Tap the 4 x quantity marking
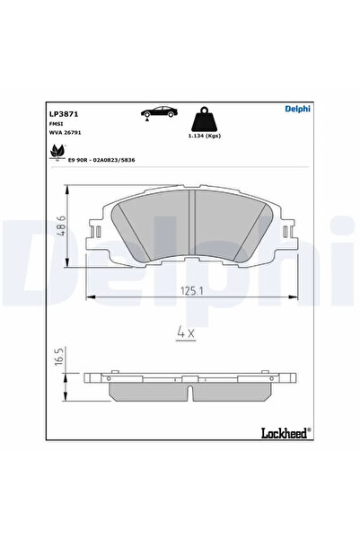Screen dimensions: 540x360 tap(185, 332)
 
